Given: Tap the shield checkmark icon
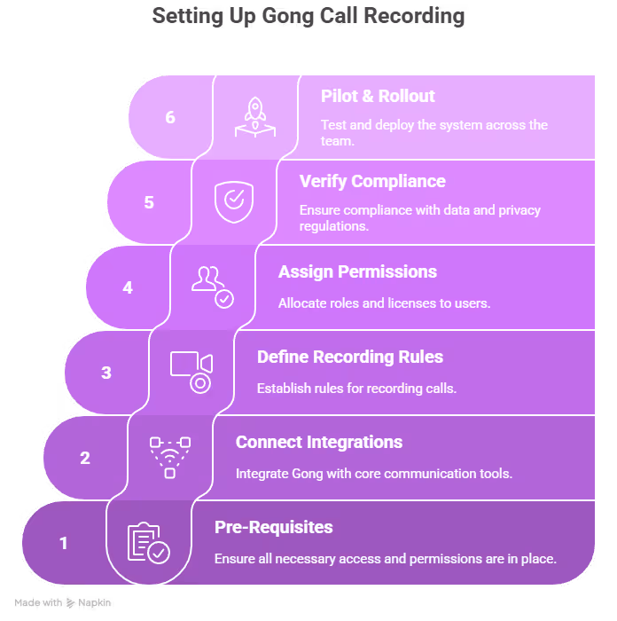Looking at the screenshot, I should click(x=233, y=202).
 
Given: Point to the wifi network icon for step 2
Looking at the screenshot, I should click(x=169, y=457).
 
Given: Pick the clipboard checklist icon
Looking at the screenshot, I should click(x=147, y=543).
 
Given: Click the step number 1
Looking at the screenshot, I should click(x=64, y=543).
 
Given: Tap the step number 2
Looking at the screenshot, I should click(x=85, y=458).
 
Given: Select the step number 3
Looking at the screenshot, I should click(x=106, y=373).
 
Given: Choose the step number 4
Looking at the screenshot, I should click(x=128, y=287).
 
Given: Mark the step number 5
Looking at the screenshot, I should click(x=149, y=202).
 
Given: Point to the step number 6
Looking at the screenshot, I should click(x=170, y=117).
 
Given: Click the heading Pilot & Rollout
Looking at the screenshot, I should click(x=378, y=97).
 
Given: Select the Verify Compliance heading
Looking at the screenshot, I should click(x=372, y=182).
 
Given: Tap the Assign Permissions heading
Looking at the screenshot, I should click(x=357, y=272).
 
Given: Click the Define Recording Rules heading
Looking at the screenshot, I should click(x=349, y=358).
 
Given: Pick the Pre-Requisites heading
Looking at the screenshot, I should click(x=274, y=528).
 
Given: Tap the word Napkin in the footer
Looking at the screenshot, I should click(x=95, y=603).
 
